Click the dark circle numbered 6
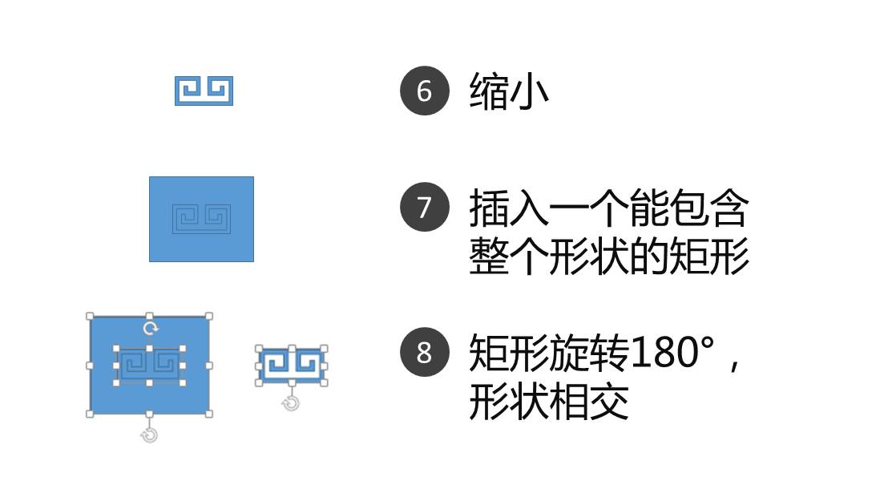[424, 91]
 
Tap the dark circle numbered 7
[424, 207]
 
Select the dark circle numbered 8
[424, 352]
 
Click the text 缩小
[509, 91]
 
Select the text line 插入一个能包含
[608, 208]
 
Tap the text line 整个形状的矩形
[608, 257]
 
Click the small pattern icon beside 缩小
[204, 91]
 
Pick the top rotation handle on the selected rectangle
[149, 329]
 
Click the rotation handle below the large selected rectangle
[149, 434]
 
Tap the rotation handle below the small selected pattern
[291, 403]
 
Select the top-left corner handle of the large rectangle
[90, 317]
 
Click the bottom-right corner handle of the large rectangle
[209, 414]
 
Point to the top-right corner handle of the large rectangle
[209, 317]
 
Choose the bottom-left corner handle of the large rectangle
[90, 414]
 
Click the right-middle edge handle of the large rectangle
[209, 366]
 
